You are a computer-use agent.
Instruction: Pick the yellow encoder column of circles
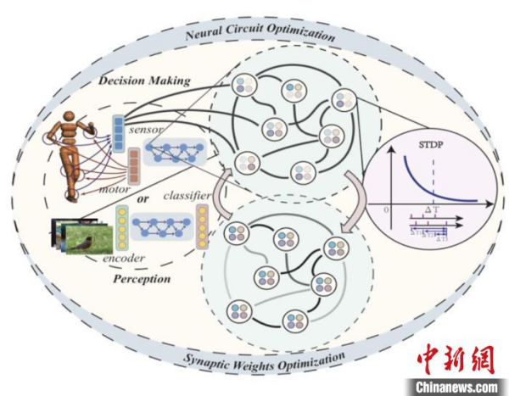pyautogui.click(x=121, y=230)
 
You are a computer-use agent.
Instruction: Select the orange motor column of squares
pyautogui.click(x=132, y=168)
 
